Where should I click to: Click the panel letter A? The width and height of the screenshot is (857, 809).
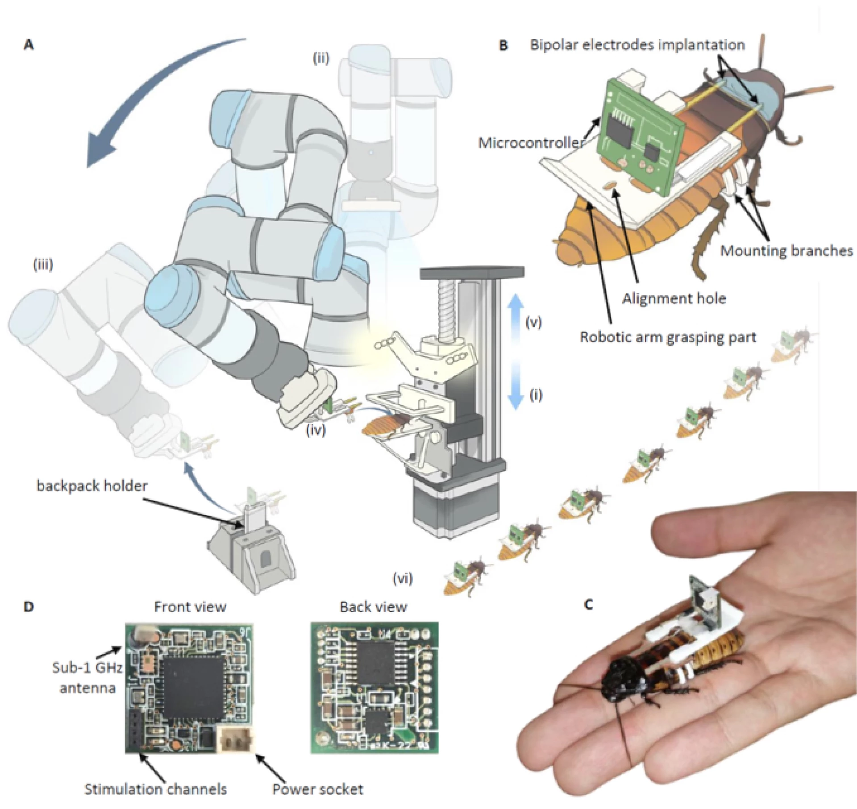click(x=29, y=45)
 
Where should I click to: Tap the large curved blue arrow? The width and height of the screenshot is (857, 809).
click(x=147, y=89)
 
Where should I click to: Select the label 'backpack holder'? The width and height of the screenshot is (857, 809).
click(x=92, y=486)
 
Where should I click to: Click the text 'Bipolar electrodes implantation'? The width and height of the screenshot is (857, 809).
click(x=637, y=45)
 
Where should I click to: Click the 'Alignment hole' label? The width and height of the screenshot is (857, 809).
click(x=674, y=298)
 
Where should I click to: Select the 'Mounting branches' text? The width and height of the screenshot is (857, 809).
click(x=786, y=251)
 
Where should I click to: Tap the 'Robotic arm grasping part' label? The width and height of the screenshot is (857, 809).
click(x=668, y=337)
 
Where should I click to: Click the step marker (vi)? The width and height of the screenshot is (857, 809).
click(x=403, y=579)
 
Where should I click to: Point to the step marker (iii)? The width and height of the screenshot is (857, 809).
click(x=43, y=265)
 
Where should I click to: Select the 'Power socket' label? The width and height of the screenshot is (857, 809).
click(x=318, y=789)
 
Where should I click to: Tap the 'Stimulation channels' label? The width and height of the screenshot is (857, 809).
click(x=156, y=789)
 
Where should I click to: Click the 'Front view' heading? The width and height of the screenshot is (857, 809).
click(x=190, y=607)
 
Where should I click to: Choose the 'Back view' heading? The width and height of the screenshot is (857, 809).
click(x=374, y=607)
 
